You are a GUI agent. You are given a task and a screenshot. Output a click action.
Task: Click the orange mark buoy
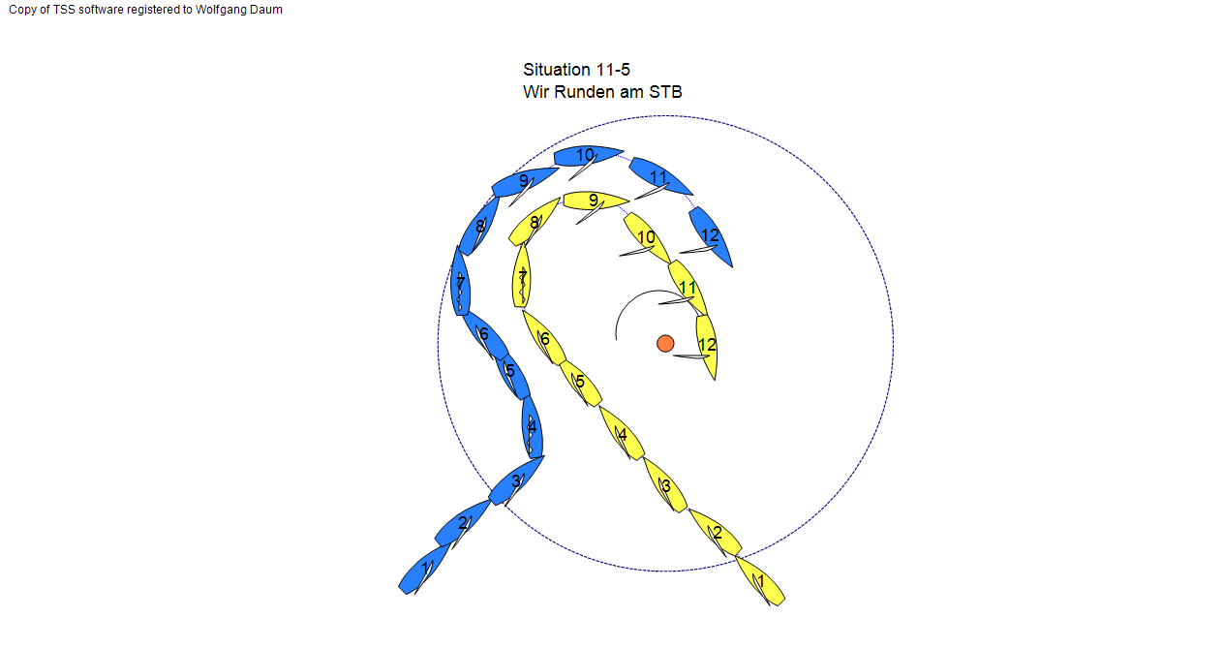[665, 344]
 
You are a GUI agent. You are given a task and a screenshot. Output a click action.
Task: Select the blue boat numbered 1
[424, 570]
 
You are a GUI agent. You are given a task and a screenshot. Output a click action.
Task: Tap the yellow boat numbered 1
[760, 581]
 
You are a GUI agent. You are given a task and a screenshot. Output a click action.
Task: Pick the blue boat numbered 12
[711, 236]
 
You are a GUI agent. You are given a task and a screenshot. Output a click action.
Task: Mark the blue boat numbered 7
[461, 281]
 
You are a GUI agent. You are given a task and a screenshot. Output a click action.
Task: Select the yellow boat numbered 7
[521, 276]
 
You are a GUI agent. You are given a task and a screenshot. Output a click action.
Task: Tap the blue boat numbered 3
[516, 480]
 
